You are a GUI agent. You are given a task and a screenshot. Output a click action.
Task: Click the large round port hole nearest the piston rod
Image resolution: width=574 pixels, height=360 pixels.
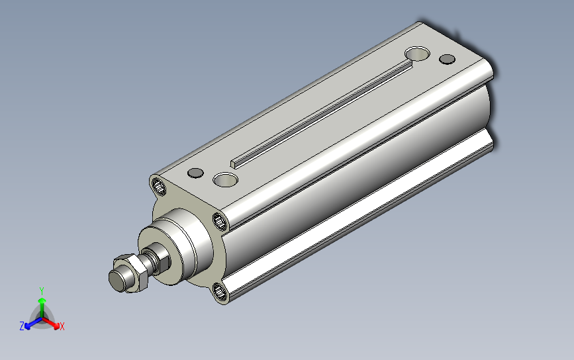click(x=226, y=179)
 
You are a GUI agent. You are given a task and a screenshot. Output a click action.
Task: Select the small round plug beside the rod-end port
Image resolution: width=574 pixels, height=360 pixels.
click(x=195, y=173)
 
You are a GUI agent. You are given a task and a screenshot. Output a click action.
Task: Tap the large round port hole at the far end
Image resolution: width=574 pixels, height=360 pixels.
click(x=417, y=54)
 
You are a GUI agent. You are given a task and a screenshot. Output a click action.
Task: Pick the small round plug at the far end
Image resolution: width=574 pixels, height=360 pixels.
click(x=447, y=59)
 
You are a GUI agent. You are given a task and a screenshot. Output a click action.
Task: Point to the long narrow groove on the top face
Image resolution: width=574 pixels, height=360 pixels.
click(x=322, y=114)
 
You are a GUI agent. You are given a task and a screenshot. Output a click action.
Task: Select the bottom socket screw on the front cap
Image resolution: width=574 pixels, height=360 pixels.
click(x=220, y=292)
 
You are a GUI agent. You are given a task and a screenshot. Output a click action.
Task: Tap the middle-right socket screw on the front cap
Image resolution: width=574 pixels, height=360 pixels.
click(x=220, y=221)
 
